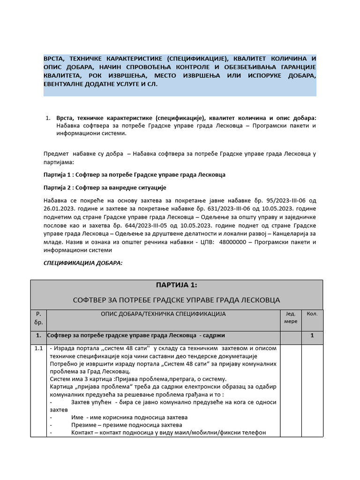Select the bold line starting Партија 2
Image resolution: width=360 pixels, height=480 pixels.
coord(105,187)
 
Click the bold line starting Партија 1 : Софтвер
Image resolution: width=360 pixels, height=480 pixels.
coord(134,174)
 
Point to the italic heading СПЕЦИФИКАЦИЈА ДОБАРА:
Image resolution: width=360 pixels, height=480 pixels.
coord(83,262)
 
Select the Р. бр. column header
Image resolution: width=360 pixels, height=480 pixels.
coord(38,318)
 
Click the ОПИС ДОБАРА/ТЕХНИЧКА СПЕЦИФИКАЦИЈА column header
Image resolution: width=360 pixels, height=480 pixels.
coord(163,314)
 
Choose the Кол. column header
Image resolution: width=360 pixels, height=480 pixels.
coord(312,314)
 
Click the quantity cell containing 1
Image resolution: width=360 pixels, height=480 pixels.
coord(312,336)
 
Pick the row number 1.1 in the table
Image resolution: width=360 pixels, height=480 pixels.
coord(38,348)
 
